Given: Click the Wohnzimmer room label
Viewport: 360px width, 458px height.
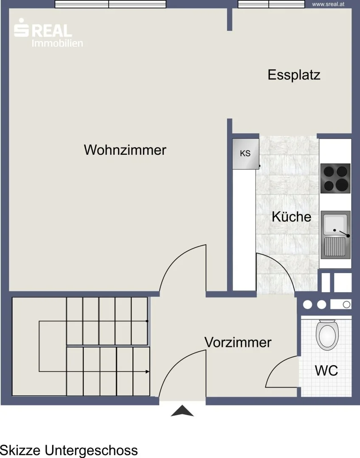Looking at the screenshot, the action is [x=125, y=150].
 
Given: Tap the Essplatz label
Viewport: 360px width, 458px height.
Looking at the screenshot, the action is [x=294, y=75].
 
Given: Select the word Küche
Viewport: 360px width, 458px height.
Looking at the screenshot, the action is [x=291, y=216].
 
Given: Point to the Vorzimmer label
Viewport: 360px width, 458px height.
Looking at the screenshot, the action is [x=238, y=342].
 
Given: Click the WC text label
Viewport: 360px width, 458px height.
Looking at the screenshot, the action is [x=326, y=370].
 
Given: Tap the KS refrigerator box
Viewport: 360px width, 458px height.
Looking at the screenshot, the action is [x=246, y=154].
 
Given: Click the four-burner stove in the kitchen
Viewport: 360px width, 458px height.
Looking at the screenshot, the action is [x=335, y=178].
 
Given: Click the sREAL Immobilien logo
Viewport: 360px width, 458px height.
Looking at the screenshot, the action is [x=48, y=32].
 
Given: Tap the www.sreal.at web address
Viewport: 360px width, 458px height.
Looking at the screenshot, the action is [x=328, y=4].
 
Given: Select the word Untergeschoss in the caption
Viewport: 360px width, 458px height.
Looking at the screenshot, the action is [x=91, y=450].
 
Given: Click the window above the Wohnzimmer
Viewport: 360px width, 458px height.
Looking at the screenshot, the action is [x=110, y=4].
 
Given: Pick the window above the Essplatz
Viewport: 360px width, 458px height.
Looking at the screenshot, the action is [x=271, y=4].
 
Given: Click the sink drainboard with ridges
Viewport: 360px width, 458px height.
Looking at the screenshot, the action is [x=335, y=246].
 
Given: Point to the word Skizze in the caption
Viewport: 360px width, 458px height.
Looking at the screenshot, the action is [x=20, y=450].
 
